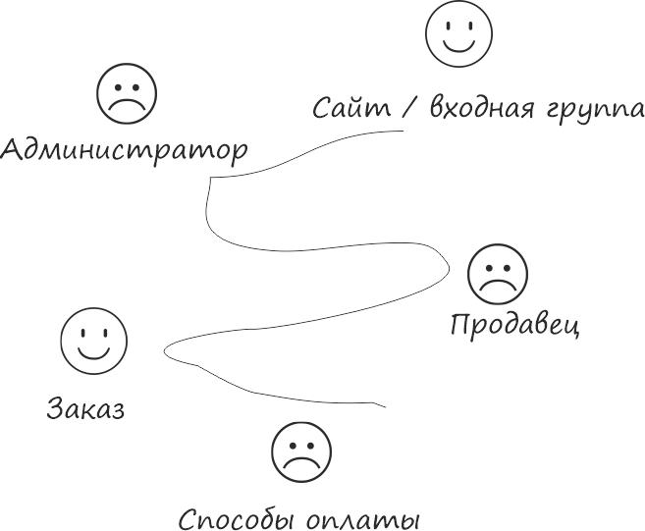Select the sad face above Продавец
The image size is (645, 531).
[x=496, y=274]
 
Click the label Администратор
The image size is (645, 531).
[x=124, y=151]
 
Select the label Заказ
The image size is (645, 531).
[x=85, y=408]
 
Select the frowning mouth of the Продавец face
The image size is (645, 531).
[x=496, y=286]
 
